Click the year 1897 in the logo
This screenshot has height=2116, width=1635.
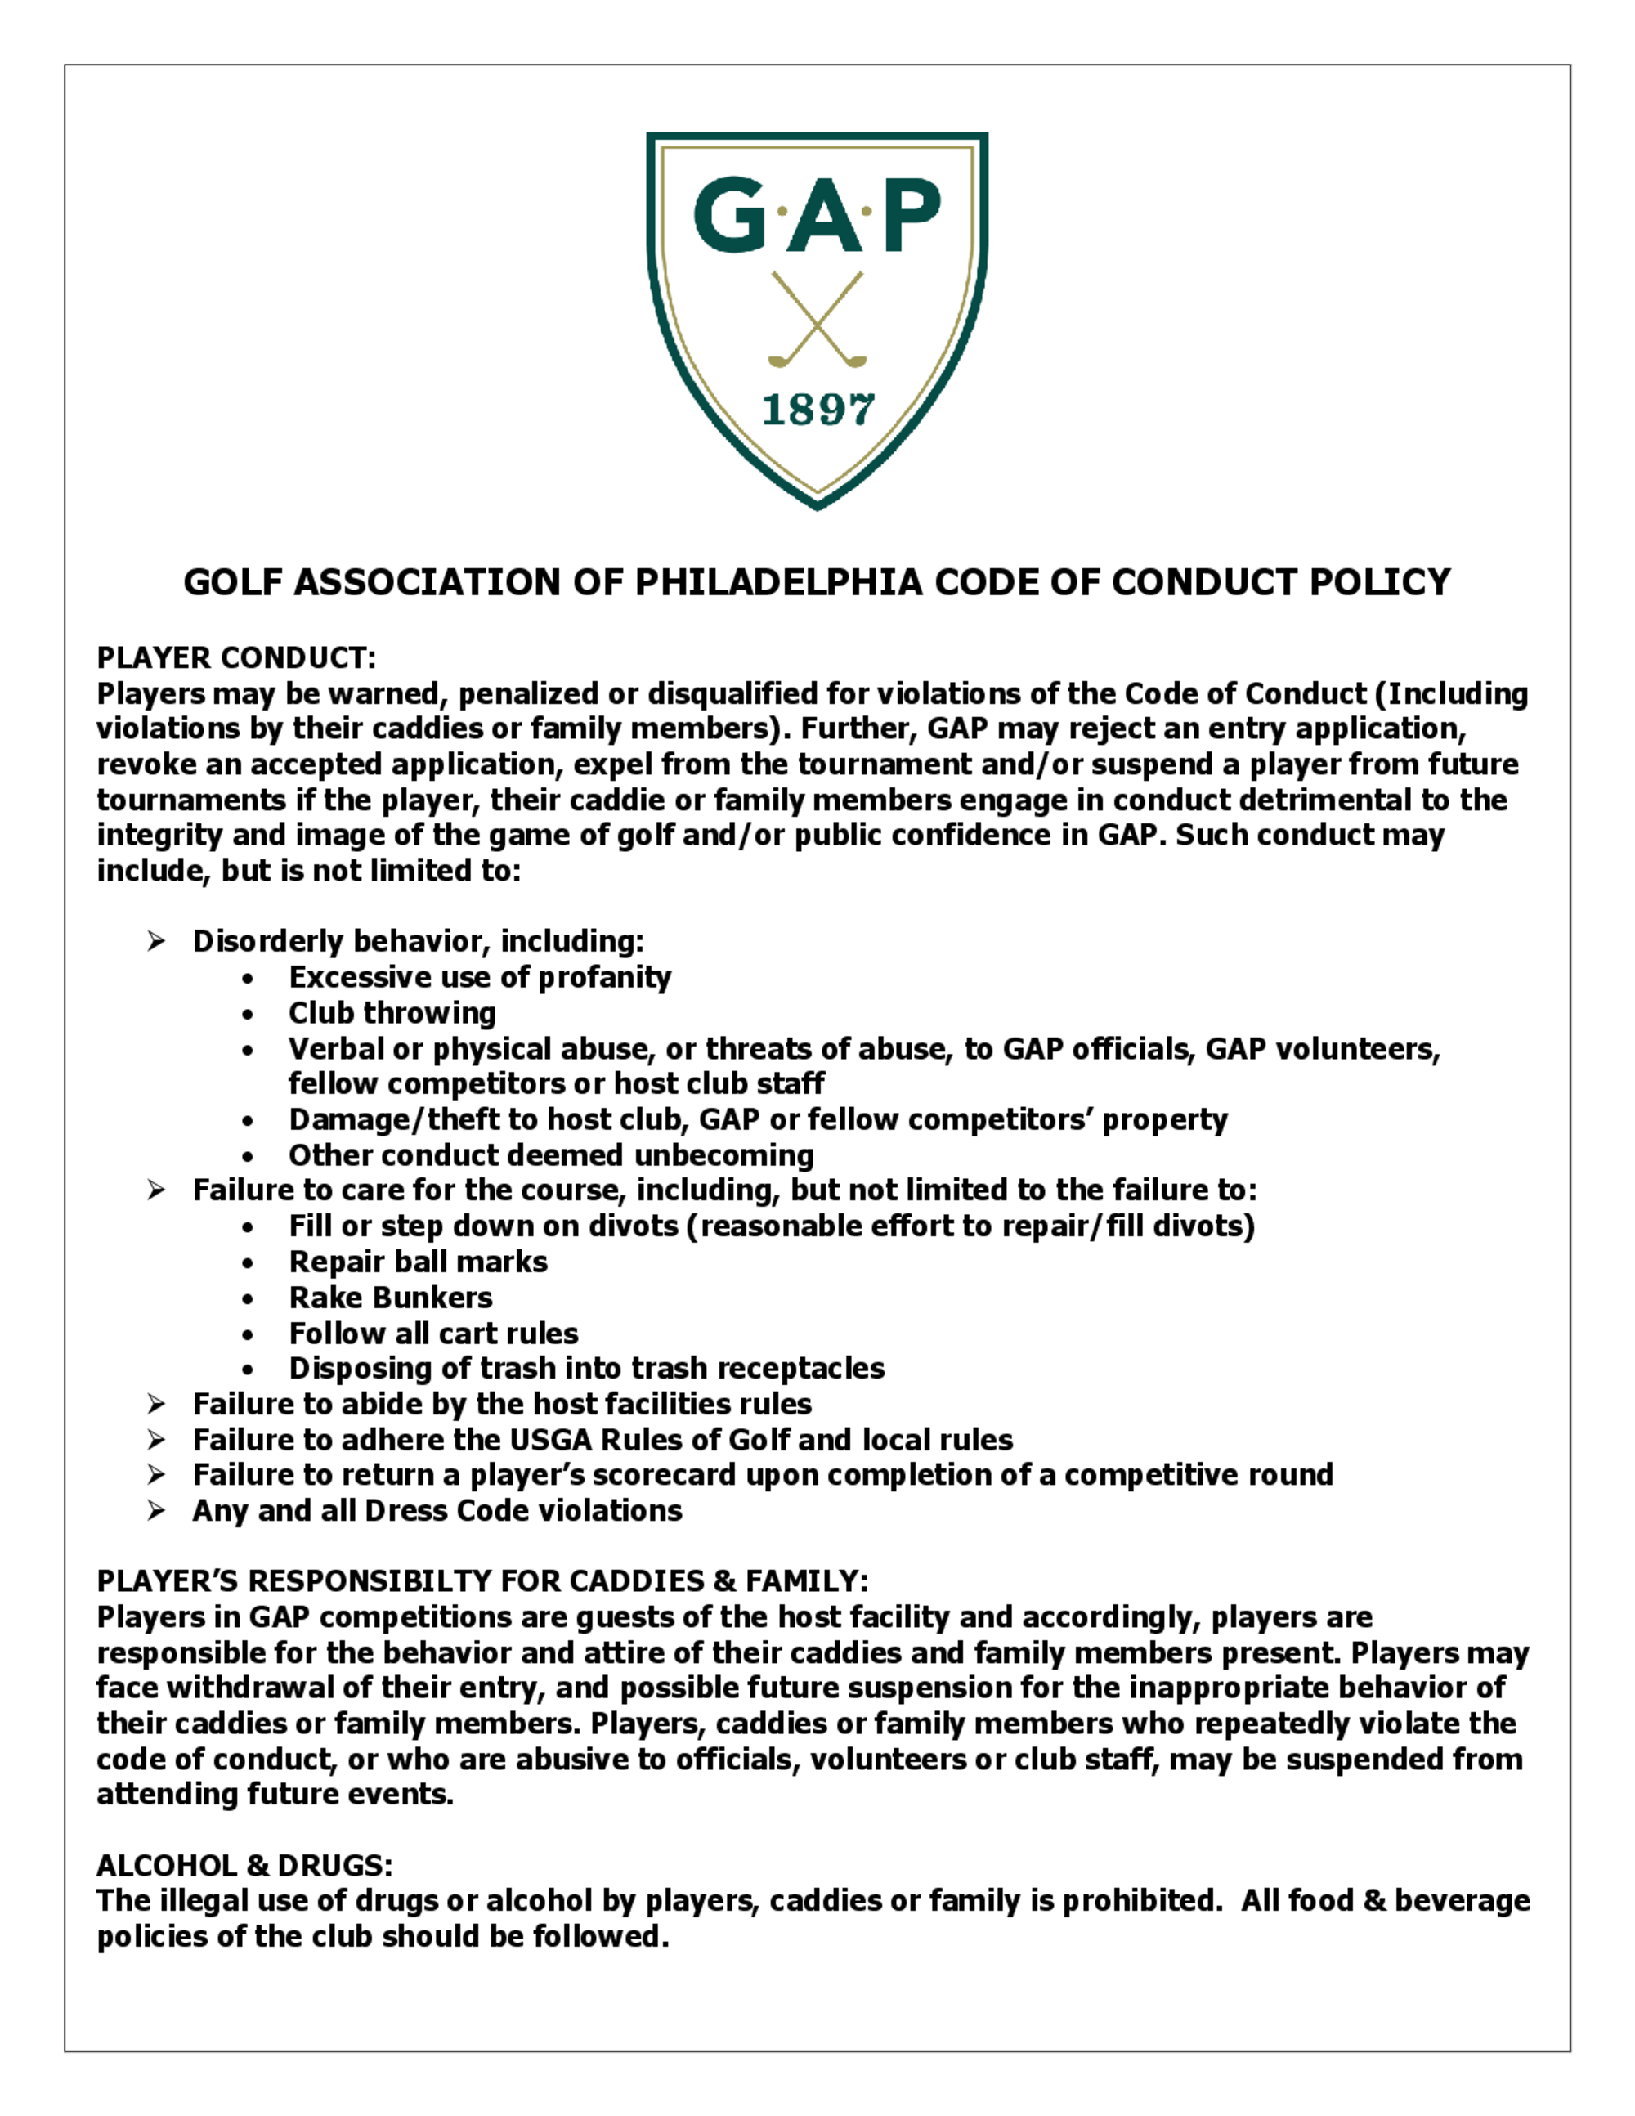pyautogui.click(x=817, y=410)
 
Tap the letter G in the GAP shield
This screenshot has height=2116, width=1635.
pyautogui.click(x=728, y=214)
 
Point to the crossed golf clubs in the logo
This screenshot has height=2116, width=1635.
pyautogui.click(x=817, y=320)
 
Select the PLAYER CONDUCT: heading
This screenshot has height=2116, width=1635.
pyautogui.click(x=235, y=658)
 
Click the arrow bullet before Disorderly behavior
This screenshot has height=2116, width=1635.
pyautogui.click(x=156, y=941)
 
